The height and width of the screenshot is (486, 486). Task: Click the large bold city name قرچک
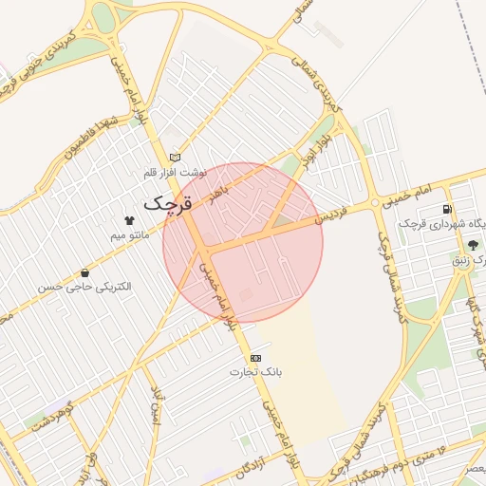pyautogui.click(x=167, y=203)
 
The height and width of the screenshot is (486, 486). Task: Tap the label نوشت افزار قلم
pyautogui.click(x=175, y=173)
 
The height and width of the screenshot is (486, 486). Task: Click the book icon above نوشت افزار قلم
pyautogui.click(x=175, y=158)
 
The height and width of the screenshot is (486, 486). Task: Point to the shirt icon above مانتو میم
pyautogui.click(x=130, y=219)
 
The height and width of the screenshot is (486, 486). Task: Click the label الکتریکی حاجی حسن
pyautogui.click(x=84, y=286)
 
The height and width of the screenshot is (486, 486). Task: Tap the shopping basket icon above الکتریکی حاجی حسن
pyautogui.click(x=84, y=272)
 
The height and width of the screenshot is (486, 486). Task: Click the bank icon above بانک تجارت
pyautogui.click(x=254, y=358)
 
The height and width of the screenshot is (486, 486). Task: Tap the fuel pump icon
pyautogui.click(x=447, y=209)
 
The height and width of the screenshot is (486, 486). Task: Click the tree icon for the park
pyautogui.click(x=473, y=245)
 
